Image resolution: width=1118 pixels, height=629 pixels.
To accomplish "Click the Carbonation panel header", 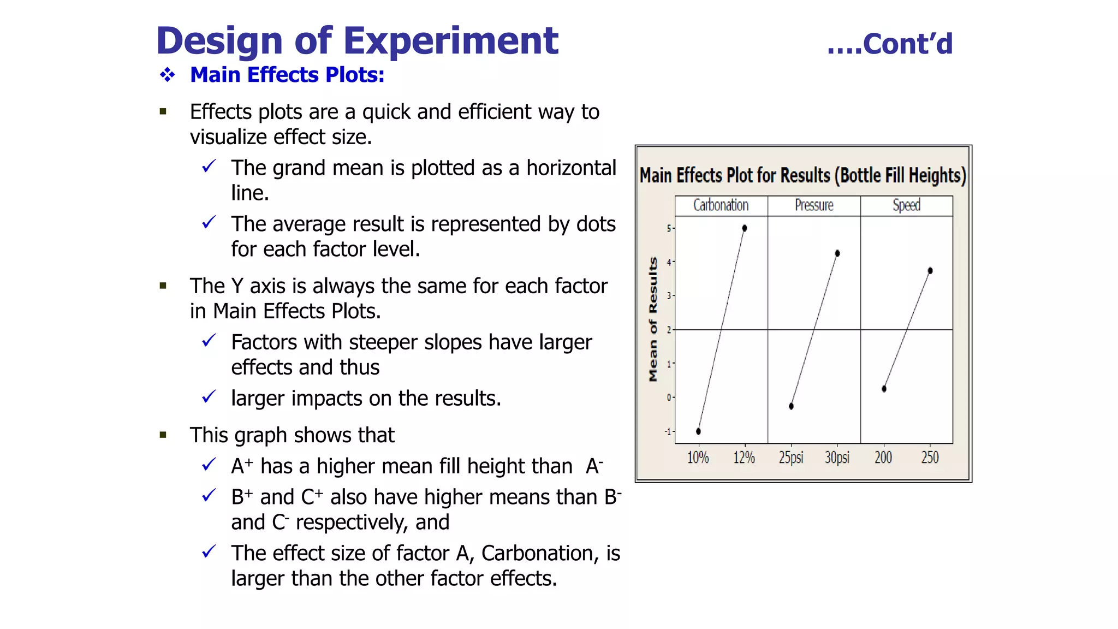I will [721, 205].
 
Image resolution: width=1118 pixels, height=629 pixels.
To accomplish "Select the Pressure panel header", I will [814, 205].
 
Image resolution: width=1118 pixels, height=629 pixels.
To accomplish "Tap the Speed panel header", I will [906, 205].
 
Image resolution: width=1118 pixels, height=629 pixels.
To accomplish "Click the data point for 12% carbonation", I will [745, 228].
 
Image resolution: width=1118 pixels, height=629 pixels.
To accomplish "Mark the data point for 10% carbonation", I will [698, 431].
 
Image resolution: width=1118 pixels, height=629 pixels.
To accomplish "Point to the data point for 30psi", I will [837, 253].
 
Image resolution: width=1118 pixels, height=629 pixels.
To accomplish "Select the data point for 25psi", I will [791, 406].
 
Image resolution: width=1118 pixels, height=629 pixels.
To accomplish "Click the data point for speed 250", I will [930, 271].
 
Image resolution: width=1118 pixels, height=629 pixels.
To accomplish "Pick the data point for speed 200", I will [884, 389].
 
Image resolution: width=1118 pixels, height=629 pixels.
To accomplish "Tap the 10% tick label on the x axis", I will [698, 458].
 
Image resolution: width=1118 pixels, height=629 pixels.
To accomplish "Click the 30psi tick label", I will [837, 458].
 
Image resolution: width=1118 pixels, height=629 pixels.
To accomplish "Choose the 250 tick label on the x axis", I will [930, 458].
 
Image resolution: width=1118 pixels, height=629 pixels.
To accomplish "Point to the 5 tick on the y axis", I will [669, 228].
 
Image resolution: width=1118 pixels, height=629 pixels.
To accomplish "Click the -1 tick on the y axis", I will [668, 431].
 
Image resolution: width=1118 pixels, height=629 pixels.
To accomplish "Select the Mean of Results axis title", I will [653, 319].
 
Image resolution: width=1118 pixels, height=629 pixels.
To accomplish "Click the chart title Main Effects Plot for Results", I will [802, 176].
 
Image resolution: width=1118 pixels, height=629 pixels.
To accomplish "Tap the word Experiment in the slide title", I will [450, 41].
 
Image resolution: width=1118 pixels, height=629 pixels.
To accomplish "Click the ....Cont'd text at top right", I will [890, 44].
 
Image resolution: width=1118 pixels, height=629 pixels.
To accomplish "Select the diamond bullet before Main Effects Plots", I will [167, 75].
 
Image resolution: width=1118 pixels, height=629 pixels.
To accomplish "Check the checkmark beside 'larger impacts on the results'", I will [209, 397].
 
